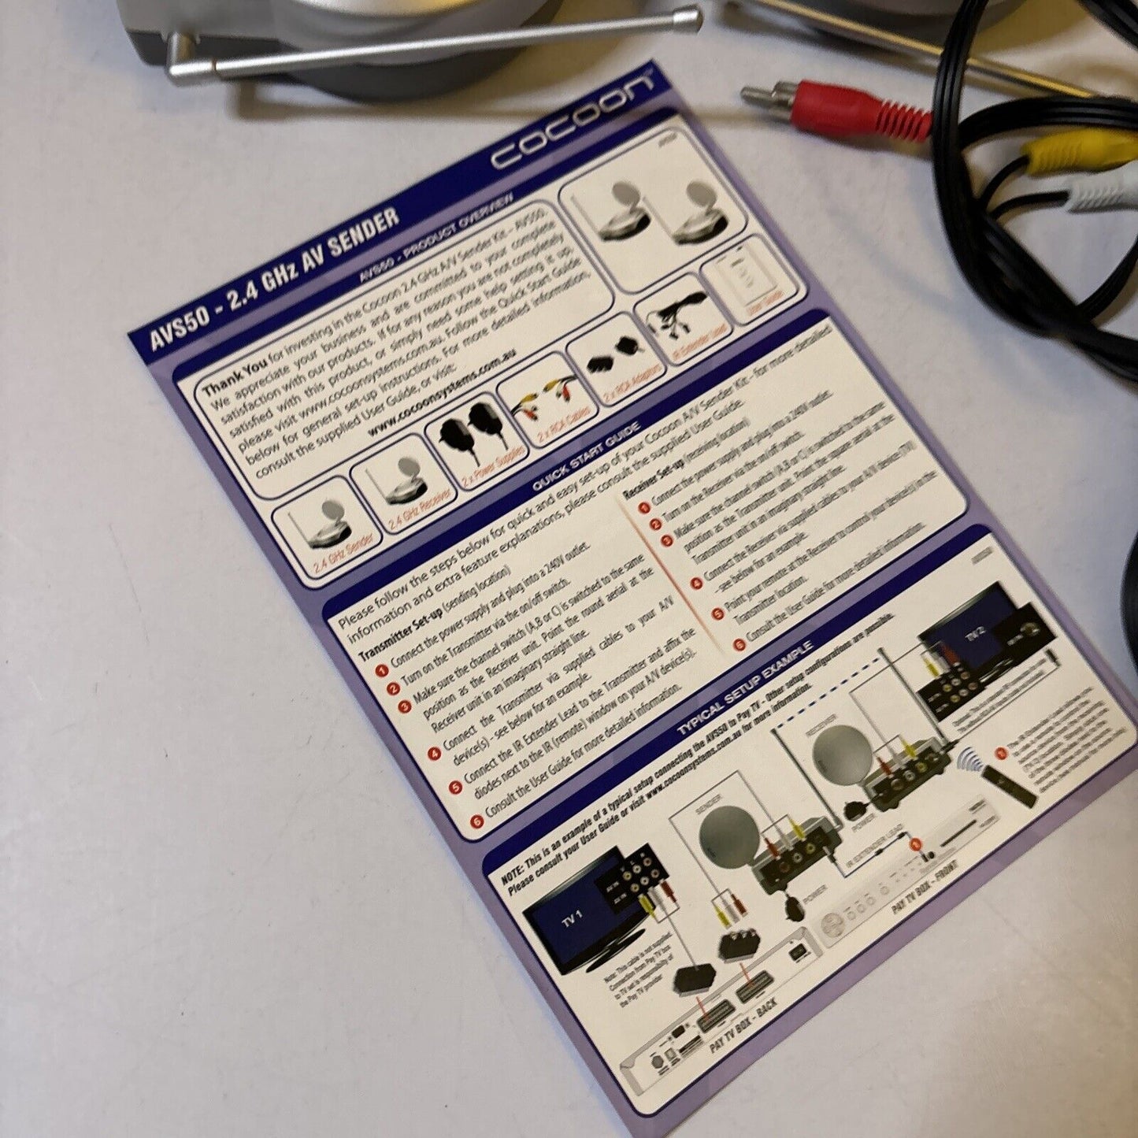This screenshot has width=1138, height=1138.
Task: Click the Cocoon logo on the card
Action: tap(572, 120)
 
